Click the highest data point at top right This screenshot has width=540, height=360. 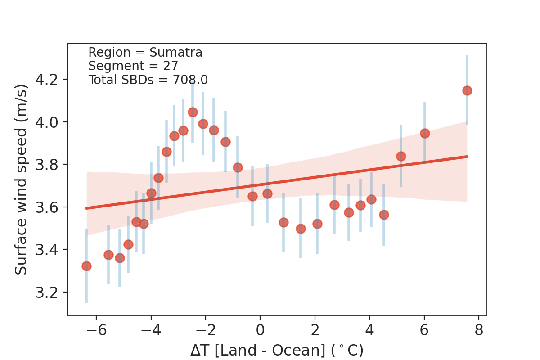tap(467, 90)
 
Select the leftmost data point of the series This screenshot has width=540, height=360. tap(86, 266)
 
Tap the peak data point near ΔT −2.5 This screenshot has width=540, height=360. tap(193, 112)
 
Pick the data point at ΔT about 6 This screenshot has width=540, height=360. tap(425, 133)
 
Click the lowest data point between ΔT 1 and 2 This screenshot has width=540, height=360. tap(301, 229)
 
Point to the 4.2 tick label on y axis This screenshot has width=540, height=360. tap(47, 80)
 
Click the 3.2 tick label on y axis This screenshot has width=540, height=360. tap(47, 292)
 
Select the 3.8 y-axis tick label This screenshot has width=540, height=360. tap(47, 165)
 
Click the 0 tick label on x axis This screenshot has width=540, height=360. tap(260, 331)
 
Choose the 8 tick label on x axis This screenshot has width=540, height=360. tap(479, 331)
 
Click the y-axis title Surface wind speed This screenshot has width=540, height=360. tap(21, 179)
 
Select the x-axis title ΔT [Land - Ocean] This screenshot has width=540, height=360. tap(276, 350)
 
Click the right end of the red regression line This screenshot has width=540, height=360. tap(467, 157)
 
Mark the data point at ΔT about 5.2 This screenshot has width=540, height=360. tap(401, 156)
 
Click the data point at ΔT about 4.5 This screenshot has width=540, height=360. tap(384, 215)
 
